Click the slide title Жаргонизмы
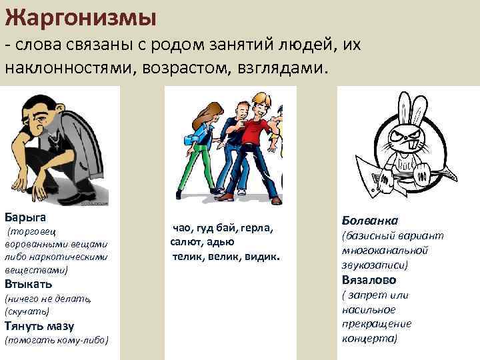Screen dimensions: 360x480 81,15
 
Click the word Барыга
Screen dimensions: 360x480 25,217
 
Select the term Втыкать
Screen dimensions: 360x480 28,284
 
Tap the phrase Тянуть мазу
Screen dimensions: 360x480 39,326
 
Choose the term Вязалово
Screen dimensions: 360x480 369,279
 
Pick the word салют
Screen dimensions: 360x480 185,243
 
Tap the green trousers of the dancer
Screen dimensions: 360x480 189,167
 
